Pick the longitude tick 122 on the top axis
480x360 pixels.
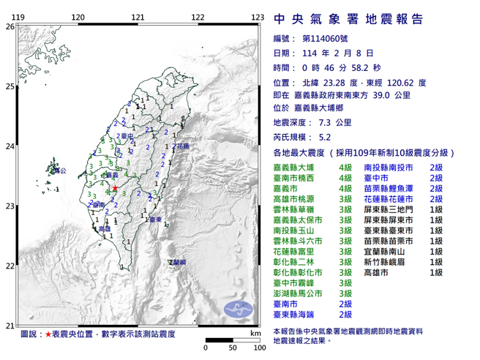click(198, 17)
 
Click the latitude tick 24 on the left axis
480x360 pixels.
click(10, 146)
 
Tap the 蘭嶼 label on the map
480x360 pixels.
click(177, 261)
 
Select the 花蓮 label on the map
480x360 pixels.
click(183, 147)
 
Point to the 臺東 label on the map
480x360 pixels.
click(153, 219)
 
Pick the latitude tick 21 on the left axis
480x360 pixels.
click(10, 326)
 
